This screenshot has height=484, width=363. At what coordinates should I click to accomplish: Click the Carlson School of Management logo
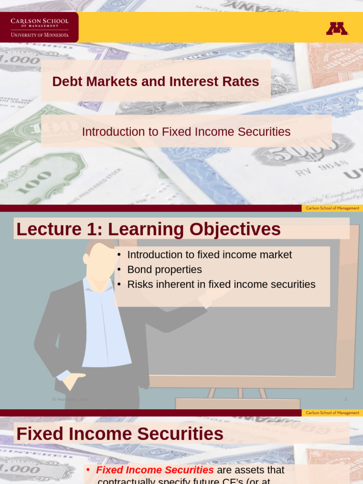40,27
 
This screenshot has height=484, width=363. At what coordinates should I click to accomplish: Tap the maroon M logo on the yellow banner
337,29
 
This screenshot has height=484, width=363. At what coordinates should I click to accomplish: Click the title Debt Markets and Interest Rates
156,81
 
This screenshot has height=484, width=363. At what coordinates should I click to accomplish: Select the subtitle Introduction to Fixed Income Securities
186,132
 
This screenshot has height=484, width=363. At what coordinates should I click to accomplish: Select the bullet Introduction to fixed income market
209,255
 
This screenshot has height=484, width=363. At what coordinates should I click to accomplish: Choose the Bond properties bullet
164,269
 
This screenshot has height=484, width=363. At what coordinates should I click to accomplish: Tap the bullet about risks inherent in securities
221,285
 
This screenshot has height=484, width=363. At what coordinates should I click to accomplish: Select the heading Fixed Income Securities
120,434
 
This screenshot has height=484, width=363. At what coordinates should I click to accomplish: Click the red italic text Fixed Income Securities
155,470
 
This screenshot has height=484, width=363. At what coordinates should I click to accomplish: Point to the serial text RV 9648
321,167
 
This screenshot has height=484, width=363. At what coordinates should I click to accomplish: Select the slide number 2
346,400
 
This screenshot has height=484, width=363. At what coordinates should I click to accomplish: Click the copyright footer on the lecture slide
70,400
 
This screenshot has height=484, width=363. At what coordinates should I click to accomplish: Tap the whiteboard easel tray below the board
237,404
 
